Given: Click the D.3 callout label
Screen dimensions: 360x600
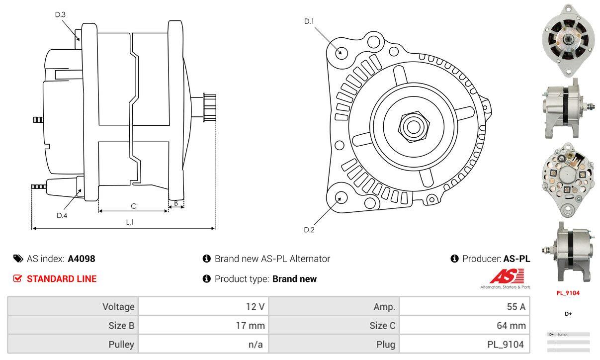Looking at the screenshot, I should (x=60, y=14).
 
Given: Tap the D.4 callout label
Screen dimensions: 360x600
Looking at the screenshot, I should (x=62, y=215).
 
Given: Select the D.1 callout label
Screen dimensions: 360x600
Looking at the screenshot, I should (x=309, y=21).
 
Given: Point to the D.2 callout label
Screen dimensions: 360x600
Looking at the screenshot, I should (x=309, y=230).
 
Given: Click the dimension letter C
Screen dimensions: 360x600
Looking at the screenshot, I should (x=133, y=206).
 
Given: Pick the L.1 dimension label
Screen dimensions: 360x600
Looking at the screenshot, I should (x=130, y=222).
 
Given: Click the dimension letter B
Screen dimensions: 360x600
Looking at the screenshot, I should (x=176, y=203).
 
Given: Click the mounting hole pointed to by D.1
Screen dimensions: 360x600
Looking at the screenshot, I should (x=341, y=52).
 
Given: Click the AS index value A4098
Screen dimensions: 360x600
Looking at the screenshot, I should (x=82, y=259).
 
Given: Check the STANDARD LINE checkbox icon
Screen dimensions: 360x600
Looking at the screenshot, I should (x=17, y=278).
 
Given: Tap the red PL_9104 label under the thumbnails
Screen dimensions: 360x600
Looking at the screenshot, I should (x=568, y=293).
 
